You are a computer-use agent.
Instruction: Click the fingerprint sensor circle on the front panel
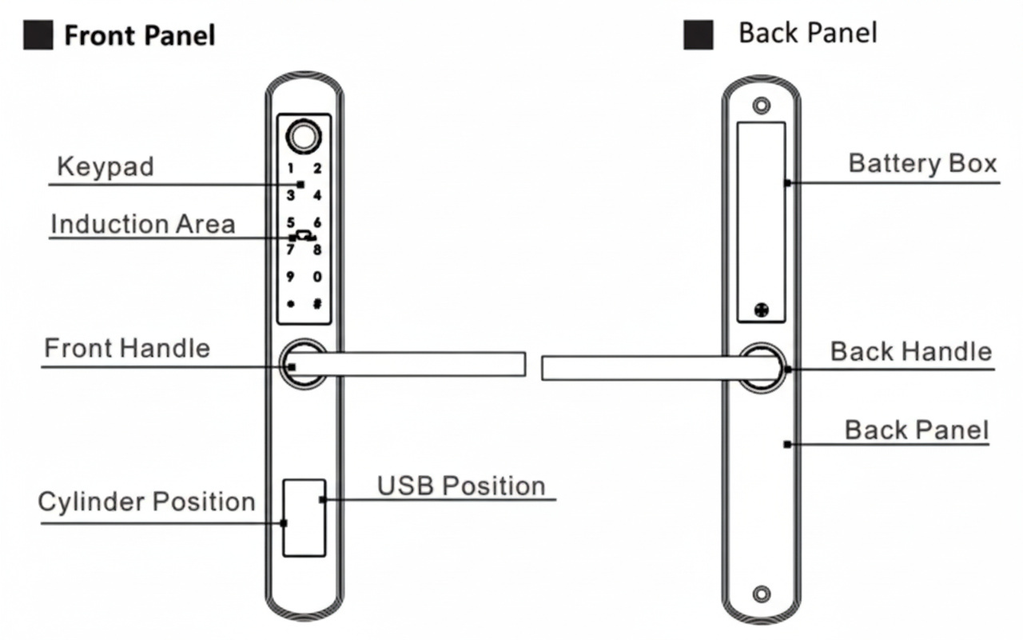click(305, 137)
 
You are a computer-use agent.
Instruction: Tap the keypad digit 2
click(317, 169)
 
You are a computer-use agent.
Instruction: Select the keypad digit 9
click(291, 277)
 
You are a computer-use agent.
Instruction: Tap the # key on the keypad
click(317, 304)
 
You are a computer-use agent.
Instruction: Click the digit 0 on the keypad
click(317, 277)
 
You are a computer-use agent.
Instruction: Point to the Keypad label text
click(105, 167)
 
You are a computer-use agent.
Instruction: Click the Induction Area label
click(142, 224)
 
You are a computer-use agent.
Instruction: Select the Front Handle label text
click(127, 349)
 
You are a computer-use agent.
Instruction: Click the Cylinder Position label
click(146, 502)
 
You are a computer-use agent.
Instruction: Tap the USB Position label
click(461, 486)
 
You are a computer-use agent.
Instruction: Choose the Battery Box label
click(922, 163)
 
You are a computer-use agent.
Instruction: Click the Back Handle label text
click(910, 351)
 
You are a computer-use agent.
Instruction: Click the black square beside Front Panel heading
click(38, 35)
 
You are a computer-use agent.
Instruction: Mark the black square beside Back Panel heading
click(698, 35)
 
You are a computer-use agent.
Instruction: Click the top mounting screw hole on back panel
click(762, 106)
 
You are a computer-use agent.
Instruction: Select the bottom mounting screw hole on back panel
click(762, 594)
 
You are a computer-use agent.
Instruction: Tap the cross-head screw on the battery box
click(761, 310)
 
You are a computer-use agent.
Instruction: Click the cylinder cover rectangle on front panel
click(305, 518)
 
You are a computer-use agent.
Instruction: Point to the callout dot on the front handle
click(292, 366)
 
